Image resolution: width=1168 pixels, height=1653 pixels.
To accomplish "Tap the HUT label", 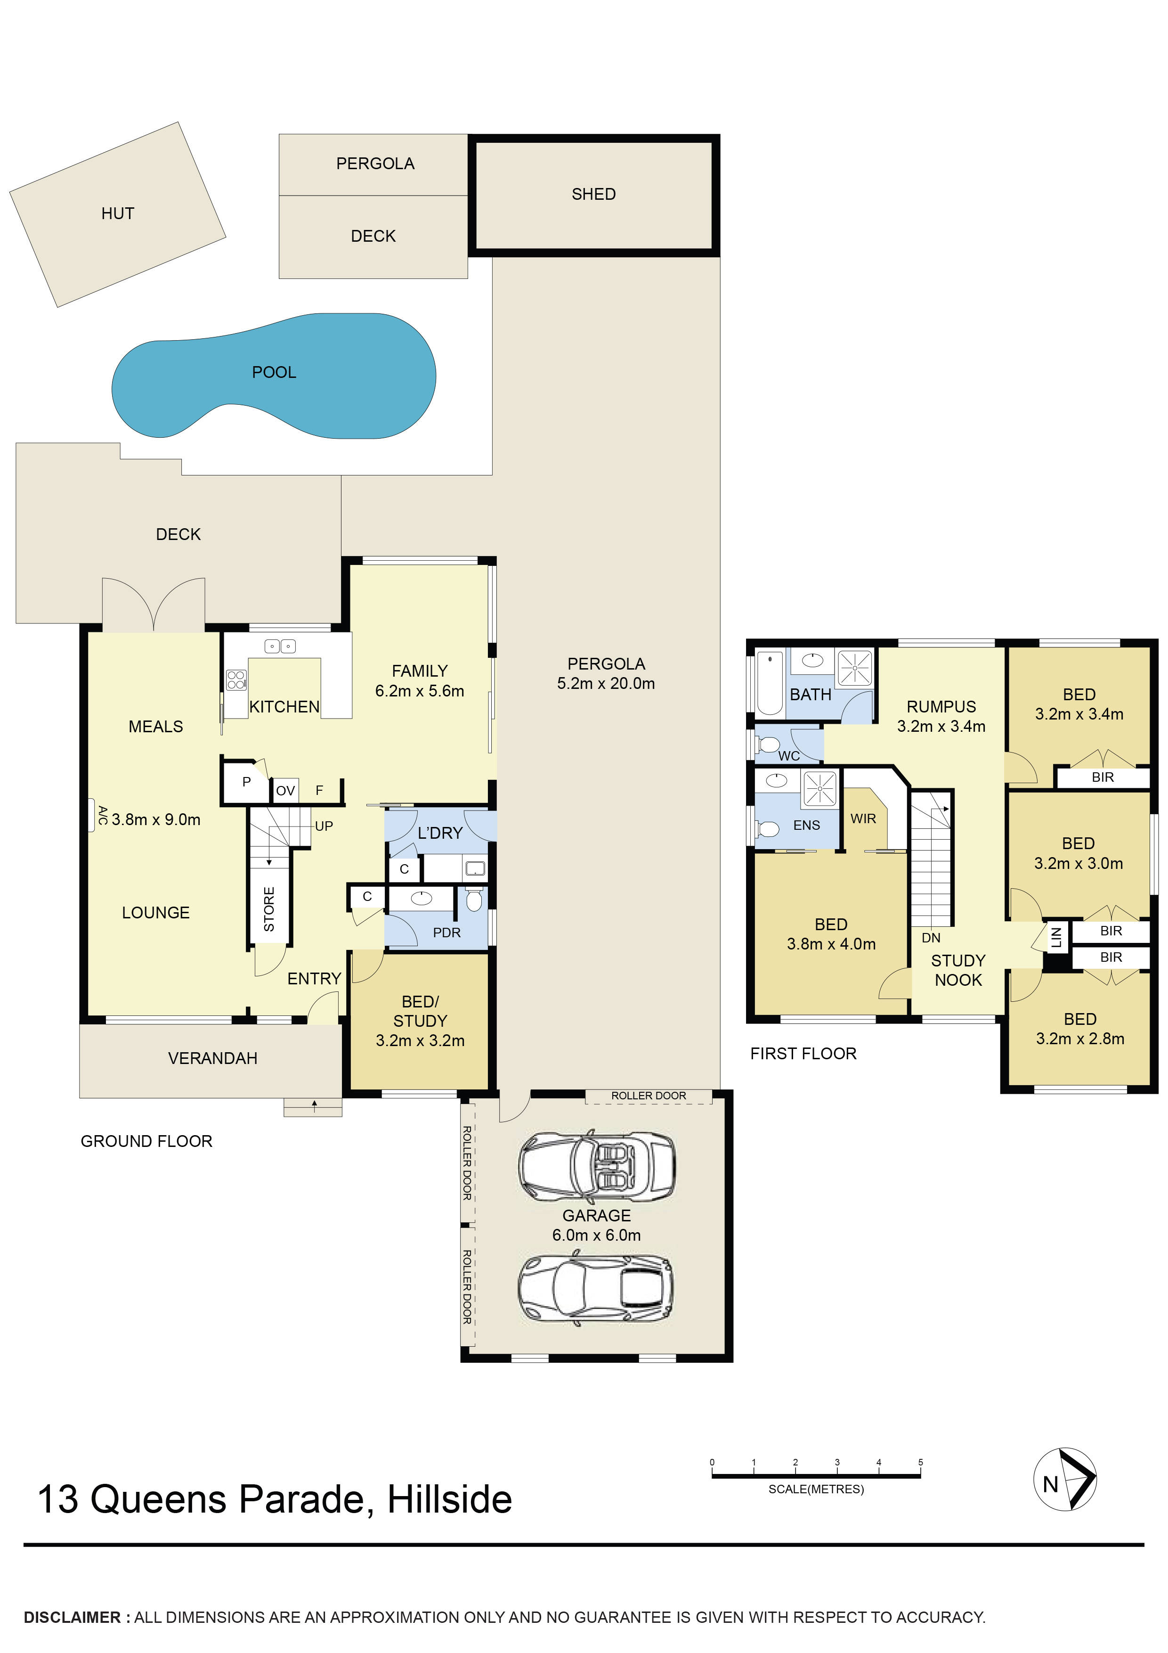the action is coord(117,213).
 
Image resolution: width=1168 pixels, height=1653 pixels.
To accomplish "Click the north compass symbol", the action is coord(1065,1479).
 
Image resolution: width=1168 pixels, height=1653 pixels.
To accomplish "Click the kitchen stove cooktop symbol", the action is coord(236,679).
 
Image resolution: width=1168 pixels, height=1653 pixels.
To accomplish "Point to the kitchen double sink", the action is coord(280,646).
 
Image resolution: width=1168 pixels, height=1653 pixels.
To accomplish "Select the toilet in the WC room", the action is coord(767,744).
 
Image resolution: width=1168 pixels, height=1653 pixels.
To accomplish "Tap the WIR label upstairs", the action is coord(863,818).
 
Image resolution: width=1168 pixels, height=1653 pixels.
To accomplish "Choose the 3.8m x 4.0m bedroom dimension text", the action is coord(831,944).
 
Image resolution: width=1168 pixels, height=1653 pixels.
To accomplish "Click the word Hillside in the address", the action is coord(450,1500).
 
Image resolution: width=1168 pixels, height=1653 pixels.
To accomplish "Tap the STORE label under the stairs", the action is coord(269,909).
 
